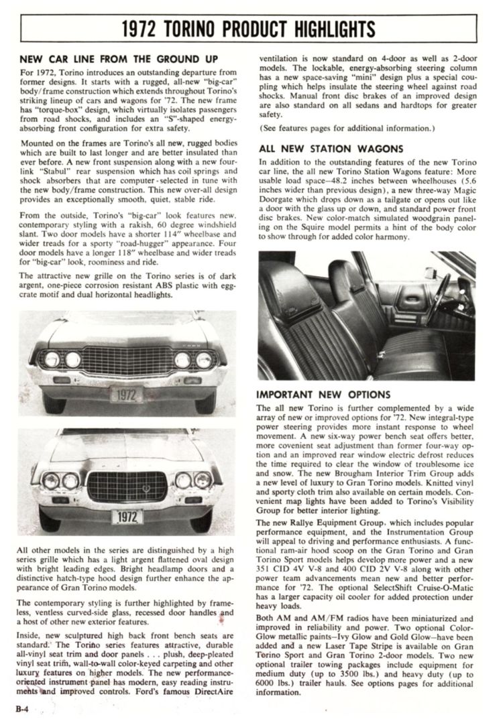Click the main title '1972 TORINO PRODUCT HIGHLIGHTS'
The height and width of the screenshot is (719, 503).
[x=249, y=29]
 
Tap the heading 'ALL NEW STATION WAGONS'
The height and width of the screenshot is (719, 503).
[x=331, y=149]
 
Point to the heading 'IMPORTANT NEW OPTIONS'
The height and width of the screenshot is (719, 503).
[x=323, y=395]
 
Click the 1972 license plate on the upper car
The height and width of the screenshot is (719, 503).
[x=127, y=395]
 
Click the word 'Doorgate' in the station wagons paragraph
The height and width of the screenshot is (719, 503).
[x=281, y=200]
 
